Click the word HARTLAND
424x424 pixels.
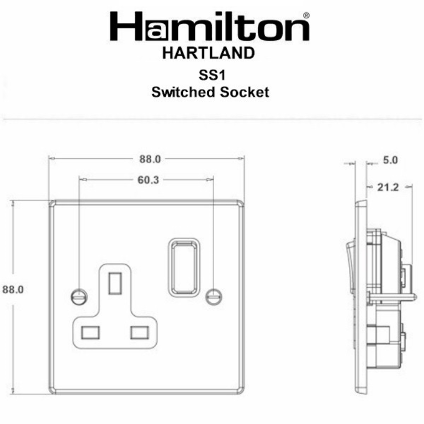pos(209,54)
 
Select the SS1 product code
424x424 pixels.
pos(210,76)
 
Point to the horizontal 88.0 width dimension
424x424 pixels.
pos(149,160)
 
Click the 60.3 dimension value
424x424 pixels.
pos(146,180)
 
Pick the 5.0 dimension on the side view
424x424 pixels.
pos(390,161)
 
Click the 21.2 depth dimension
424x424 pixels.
pos(389,188)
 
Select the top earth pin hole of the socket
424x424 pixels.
pos(115,282)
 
